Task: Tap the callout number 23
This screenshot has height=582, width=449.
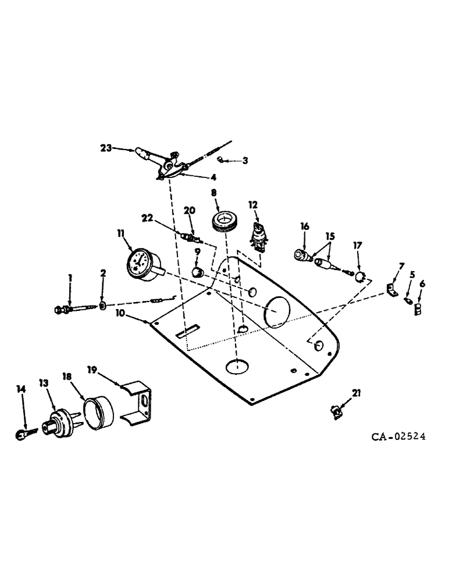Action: click(106, 149)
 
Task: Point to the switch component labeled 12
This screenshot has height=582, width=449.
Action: click(258, 238)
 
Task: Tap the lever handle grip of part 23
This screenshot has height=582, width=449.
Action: click(143, 155)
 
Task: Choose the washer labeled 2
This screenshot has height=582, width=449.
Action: click(102, 305)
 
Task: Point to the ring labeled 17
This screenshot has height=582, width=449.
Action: click(361, 274)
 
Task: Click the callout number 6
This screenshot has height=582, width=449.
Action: click(422, 283)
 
